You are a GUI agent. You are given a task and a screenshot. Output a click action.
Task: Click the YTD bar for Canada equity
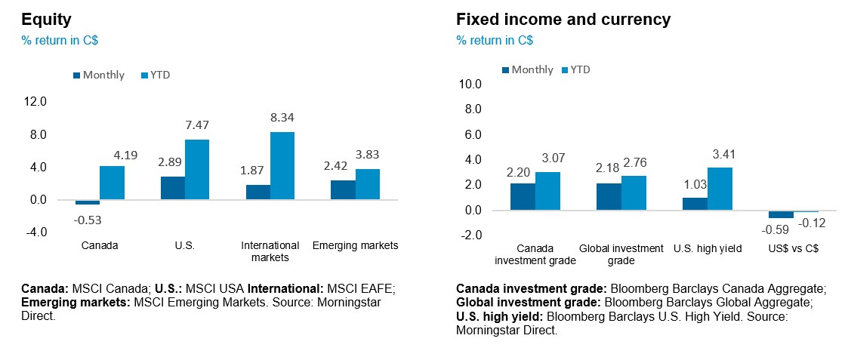[112, 183]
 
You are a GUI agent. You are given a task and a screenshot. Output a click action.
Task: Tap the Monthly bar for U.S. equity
[173, 188]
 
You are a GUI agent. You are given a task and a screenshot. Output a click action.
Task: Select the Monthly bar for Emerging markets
[343, 190]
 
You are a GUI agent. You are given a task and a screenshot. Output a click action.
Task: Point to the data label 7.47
[197, 124]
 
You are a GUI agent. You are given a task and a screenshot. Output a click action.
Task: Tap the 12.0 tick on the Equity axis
[35, 101]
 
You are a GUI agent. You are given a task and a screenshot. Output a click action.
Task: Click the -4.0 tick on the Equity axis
[35, 232]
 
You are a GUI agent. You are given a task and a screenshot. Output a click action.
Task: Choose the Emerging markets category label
[355, 245]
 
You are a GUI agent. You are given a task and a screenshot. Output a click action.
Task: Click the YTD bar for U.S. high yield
[720, 189]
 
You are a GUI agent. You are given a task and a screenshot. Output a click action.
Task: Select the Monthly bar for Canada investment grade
[523, 196]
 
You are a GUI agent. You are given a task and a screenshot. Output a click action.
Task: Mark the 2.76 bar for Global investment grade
[634, 192]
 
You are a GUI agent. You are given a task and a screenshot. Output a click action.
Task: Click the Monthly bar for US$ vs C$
[781, 214]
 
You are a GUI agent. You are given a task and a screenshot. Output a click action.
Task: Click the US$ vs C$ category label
[794, 248]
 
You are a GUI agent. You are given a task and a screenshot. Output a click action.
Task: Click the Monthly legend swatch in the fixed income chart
[505, 70]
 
